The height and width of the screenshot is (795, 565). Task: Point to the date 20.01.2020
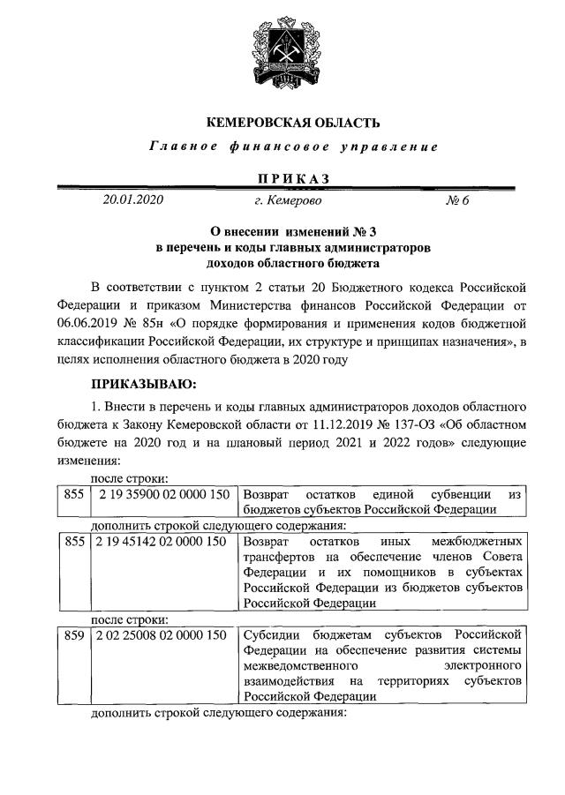[x=133, y=200]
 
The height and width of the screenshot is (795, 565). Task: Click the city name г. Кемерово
[x=288, y=201]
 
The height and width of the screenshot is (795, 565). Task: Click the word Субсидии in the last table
[x=269, y=635]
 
